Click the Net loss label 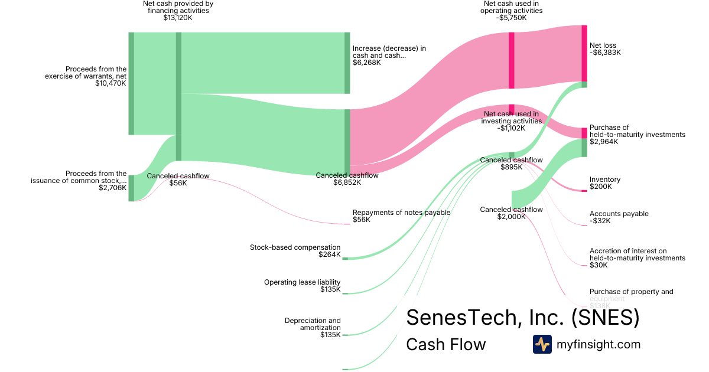(x=603, y=45)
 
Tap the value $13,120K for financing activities (x=178, y=18)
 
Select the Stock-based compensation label (x=295, y=247)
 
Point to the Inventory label (x=605, y=180)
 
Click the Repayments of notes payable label (x=401, y=213)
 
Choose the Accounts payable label (x=619, y=214)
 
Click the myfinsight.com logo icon (x=542, y=344)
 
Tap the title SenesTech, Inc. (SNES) (x=522, y=318)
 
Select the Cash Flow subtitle (x=445, y=344)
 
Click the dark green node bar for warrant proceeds (x=131, y=83)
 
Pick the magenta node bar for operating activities (x=512, y=60)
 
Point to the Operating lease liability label (x=302, y=282)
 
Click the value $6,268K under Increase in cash (x=366, y=63)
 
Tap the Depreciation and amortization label (x=313, y=324)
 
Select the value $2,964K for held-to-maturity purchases (x=604, y=142)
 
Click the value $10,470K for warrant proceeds (x=110, y=83)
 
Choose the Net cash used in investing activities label (x=511, y=118)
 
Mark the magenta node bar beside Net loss (x=584, y=53)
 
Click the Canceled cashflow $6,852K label (x=347, y=179)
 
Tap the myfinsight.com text (x=599, y=344)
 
